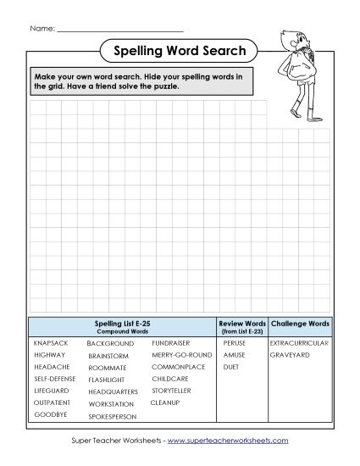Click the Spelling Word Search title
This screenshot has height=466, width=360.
[180, 52]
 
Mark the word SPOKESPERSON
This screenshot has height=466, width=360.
[113, 416]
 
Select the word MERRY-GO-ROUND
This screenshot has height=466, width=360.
[181, 355]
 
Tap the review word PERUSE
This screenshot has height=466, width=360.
[235, 343]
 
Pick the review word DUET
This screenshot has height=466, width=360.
[231, 367]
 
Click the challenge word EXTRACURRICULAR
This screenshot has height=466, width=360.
[298, 343]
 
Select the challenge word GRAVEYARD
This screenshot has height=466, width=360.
[290, 355]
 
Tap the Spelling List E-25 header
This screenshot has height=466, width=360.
[123, 325]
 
